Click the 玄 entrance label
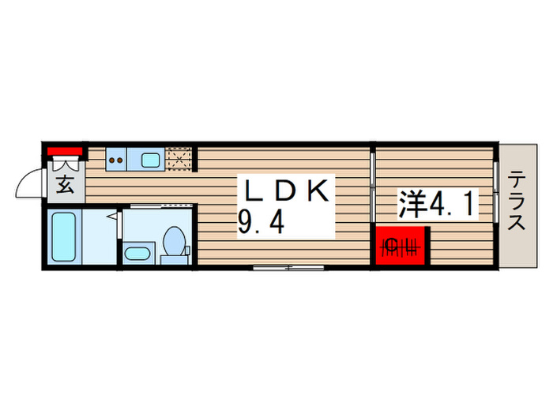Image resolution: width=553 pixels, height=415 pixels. (66, 187)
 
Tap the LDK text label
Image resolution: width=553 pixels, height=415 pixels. (286, 192)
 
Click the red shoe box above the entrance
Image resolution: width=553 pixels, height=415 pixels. (64, 152)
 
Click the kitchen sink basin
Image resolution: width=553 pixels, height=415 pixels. (150, 160)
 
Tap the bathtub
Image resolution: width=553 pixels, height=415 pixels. (62, 238)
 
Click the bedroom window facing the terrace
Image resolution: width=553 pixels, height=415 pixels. (496, 186)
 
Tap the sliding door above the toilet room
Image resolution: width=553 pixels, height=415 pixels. (158, 205)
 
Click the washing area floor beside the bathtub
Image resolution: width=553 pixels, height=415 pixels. (98, 238)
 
